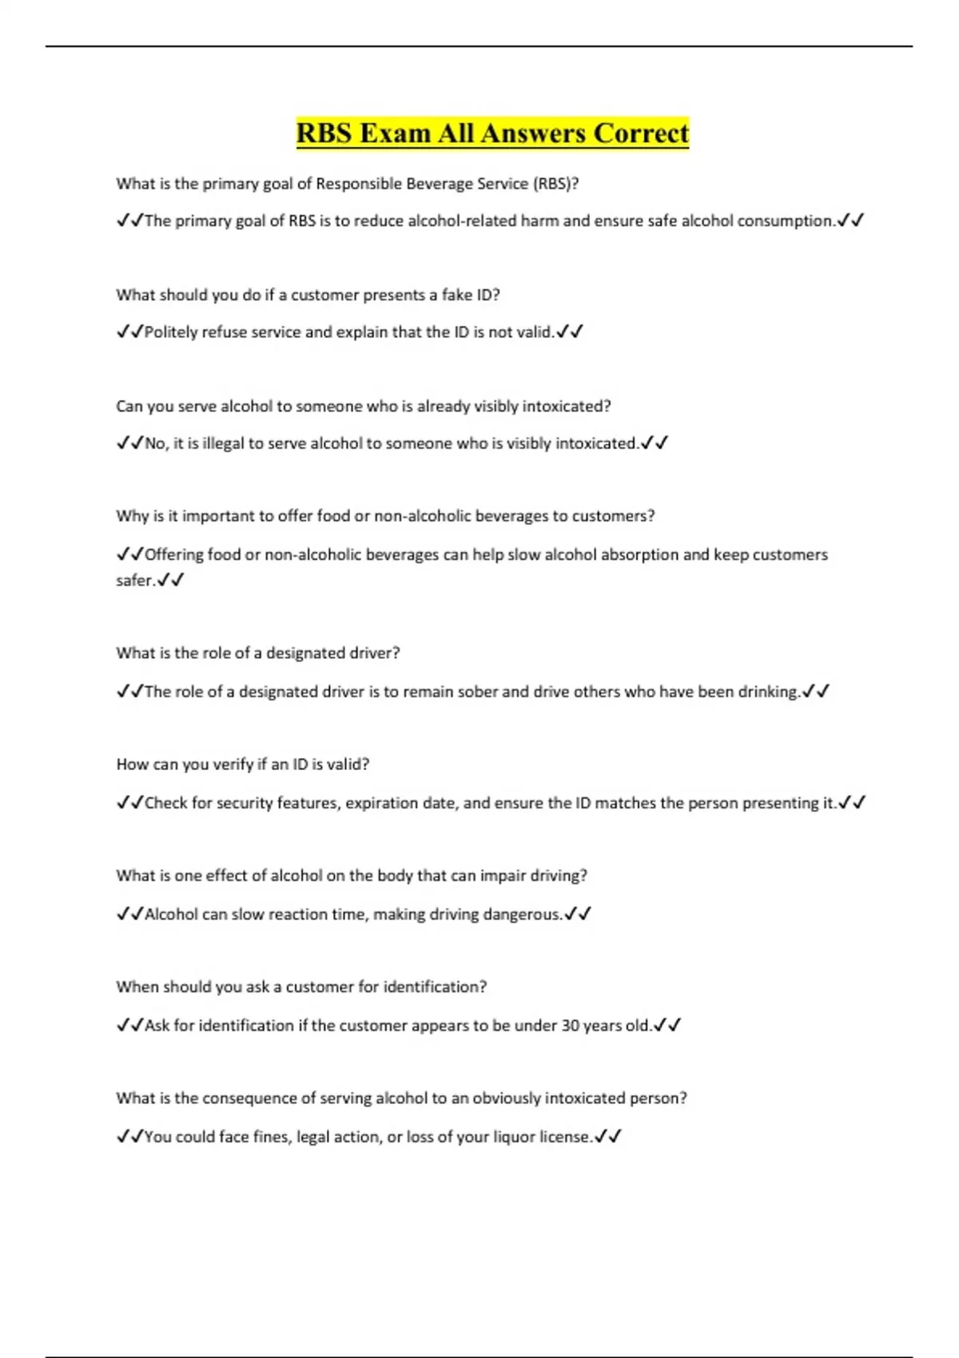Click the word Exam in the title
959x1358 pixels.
pos(394,133)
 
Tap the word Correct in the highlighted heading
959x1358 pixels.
pos(640,133)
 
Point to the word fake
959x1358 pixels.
pos(457,295)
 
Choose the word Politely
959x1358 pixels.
pos(171,332)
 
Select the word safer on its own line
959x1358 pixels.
pos(134,581)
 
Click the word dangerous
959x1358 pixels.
pos(521,914)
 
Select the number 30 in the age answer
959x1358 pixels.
pos(570,1026)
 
